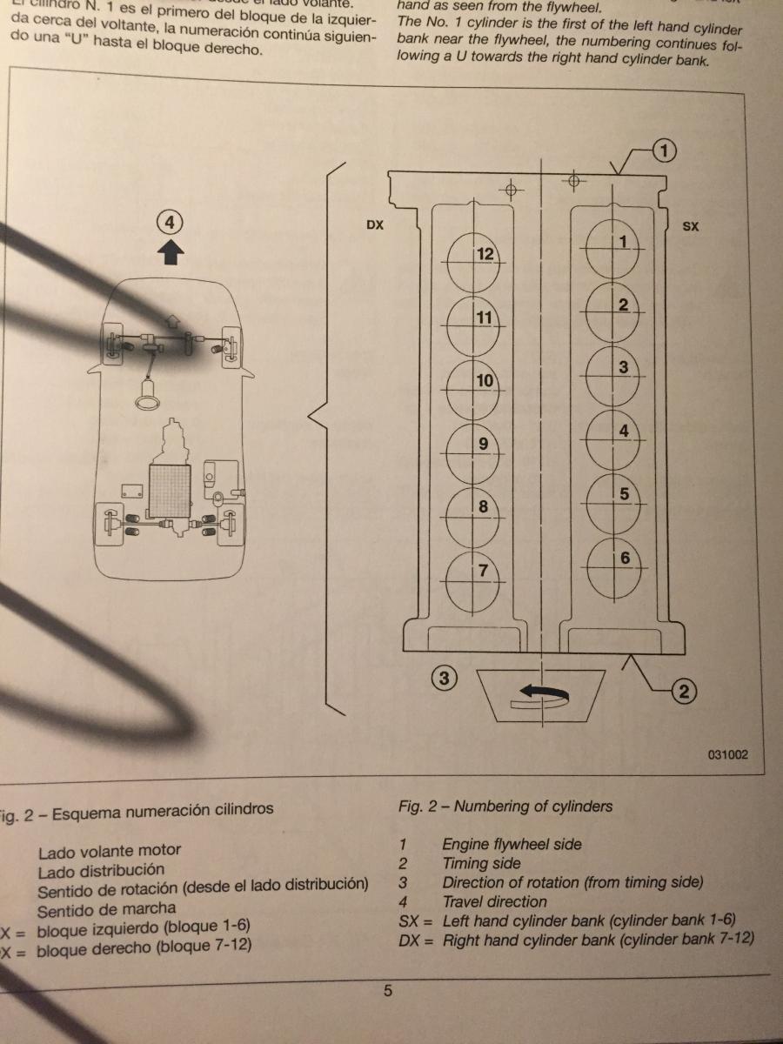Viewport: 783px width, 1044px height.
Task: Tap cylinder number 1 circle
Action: coord(614,248)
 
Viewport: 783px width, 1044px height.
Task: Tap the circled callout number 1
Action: coord(665,151)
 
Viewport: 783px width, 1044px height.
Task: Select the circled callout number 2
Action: coord(685,692)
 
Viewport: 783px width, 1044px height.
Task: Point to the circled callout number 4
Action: coord(171,223)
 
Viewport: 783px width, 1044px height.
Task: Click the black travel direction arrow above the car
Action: coord(171,251)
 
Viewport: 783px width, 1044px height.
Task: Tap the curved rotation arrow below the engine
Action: coord(541,693)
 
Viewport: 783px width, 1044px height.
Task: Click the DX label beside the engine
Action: coord(376,226)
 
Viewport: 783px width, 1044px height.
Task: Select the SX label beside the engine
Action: coord(691,226)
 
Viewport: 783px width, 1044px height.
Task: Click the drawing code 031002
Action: coord(727,755)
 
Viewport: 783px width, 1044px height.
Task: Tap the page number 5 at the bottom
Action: coord(388,990)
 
